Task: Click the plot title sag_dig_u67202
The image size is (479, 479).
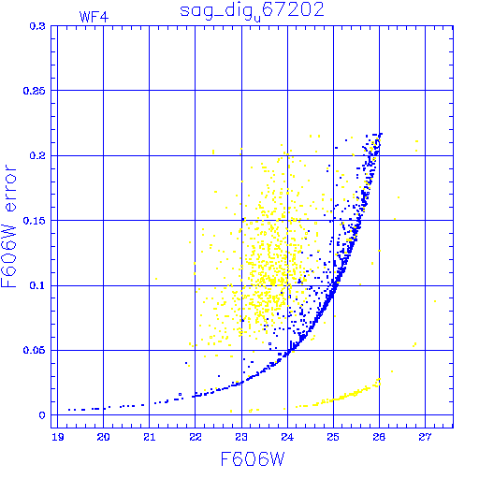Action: [252, 11]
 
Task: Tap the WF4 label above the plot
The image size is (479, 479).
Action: [94, 17]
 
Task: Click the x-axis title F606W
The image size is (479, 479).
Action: [253, 459]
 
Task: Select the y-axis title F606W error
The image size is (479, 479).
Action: [8, 226]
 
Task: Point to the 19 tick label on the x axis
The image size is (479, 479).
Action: [58, 437]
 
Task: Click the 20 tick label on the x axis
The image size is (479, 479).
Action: [103, 437]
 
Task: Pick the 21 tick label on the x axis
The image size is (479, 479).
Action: [150, 437]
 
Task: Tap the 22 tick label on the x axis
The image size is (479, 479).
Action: [196, 437]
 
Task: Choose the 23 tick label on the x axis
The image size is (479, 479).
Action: [241, 437]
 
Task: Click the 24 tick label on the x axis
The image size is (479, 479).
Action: [287, 437]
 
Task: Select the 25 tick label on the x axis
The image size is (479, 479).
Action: [333, 437]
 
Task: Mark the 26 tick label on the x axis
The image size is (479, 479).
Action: [379, 437]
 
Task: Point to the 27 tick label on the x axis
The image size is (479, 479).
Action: [425, 437]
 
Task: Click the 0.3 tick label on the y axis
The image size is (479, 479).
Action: [37, 26]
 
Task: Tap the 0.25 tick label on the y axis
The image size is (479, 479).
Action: [34, 91]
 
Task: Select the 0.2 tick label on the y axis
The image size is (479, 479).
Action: [37, 155]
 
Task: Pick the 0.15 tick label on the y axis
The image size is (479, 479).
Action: [34, 221]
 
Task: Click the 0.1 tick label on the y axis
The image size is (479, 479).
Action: [37, 285]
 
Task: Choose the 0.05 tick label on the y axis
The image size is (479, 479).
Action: [34, 350]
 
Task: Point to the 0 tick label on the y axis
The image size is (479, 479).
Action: [42, 415]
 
